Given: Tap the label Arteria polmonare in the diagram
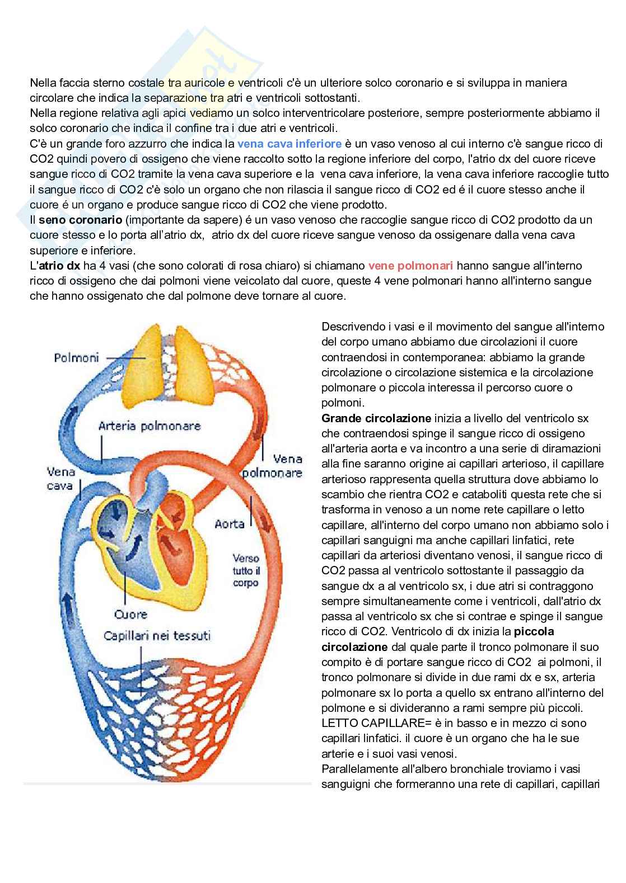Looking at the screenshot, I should point(149,426).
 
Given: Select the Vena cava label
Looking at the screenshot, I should point(60,479).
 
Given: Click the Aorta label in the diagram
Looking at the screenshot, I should point(230,524).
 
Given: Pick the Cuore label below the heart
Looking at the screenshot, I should point(130,615).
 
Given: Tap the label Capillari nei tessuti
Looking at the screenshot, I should point(157,636).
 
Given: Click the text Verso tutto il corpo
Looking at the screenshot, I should point(246,570).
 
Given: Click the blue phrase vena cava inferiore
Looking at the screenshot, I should point(289,144).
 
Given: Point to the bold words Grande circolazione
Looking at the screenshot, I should point(376,418).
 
